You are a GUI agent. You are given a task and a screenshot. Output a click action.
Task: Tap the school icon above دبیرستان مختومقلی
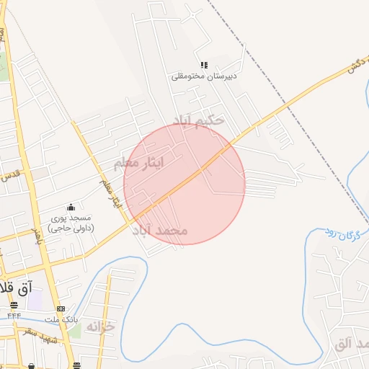[x=205, y=65]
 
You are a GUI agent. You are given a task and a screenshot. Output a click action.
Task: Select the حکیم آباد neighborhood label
[x=198, y=119]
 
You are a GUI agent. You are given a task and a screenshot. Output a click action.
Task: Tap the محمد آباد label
[x=160, y=231]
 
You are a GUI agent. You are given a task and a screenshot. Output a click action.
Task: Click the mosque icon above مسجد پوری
[x=71, y=208]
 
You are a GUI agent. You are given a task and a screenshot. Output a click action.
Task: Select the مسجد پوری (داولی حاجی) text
[x=71, y=223]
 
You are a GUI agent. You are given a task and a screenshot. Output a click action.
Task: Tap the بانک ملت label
[x=61, y=319]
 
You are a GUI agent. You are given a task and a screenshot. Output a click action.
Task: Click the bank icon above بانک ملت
[x=61, y=308]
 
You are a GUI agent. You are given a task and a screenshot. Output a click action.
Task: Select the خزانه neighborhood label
[x=100, y=326]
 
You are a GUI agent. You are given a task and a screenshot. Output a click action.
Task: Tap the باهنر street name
[x=34, y=239]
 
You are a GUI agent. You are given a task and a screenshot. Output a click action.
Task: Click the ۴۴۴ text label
[x=14, y=316]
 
